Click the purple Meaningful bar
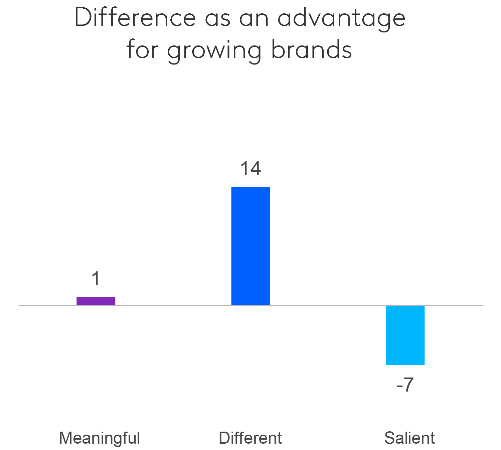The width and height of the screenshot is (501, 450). pyautogui.click(x=96, y=301)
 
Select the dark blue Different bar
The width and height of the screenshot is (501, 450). pyautogui.click(x=251, y=246)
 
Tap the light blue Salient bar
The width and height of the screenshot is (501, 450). pyautogui.click(x=405, y=335)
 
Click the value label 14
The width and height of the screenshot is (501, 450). pyautogui.click(x=251, y=169)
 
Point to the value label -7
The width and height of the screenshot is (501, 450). pyautogui.click(x=405, y=385)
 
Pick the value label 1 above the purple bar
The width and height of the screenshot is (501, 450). pyautogui.click(x=96, y=279)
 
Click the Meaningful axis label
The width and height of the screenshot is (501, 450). pyautogui.click(x=100, y=438)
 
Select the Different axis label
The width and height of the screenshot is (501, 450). pyautogui.click(x=250, y=438)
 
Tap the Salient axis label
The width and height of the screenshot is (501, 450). pyautogui.click(x=409, y=438)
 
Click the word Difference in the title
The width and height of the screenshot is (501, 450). pyautogui.click(x=135, y=18)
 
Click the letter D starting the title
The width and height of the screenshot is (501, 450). pyautogui.click(x=82, y=17)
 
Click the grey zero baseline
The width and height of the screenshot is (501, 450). pyautogui.click(x=174, y=305)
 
